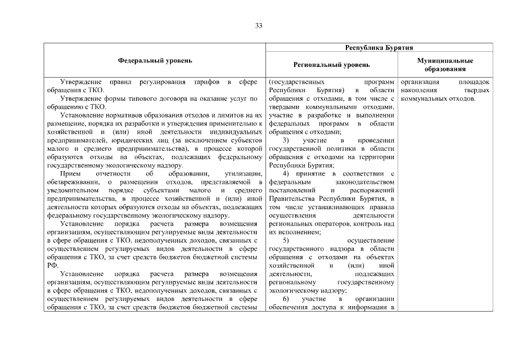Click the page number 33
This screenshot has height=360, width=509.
258,26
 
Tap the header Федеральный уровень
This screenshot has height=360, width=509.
155,60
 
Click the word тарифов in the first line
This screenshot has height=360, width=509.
208,82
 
